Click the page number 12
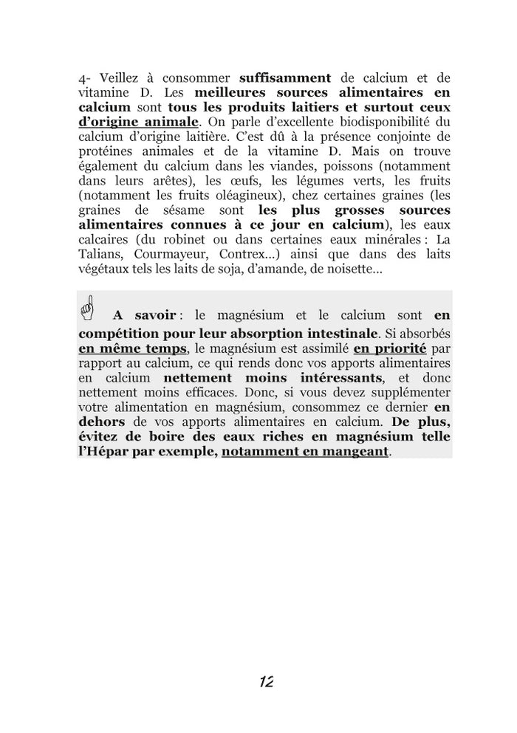point(267,681)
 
